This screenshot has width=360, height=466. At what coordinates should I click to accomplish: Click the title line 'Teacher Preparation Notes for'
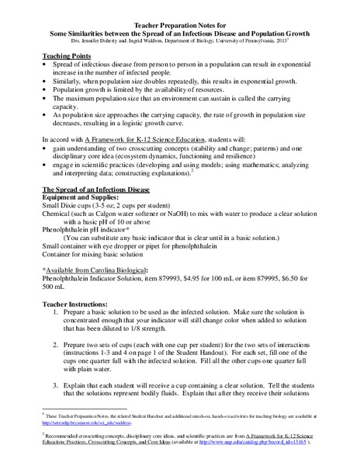point(180,24)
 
